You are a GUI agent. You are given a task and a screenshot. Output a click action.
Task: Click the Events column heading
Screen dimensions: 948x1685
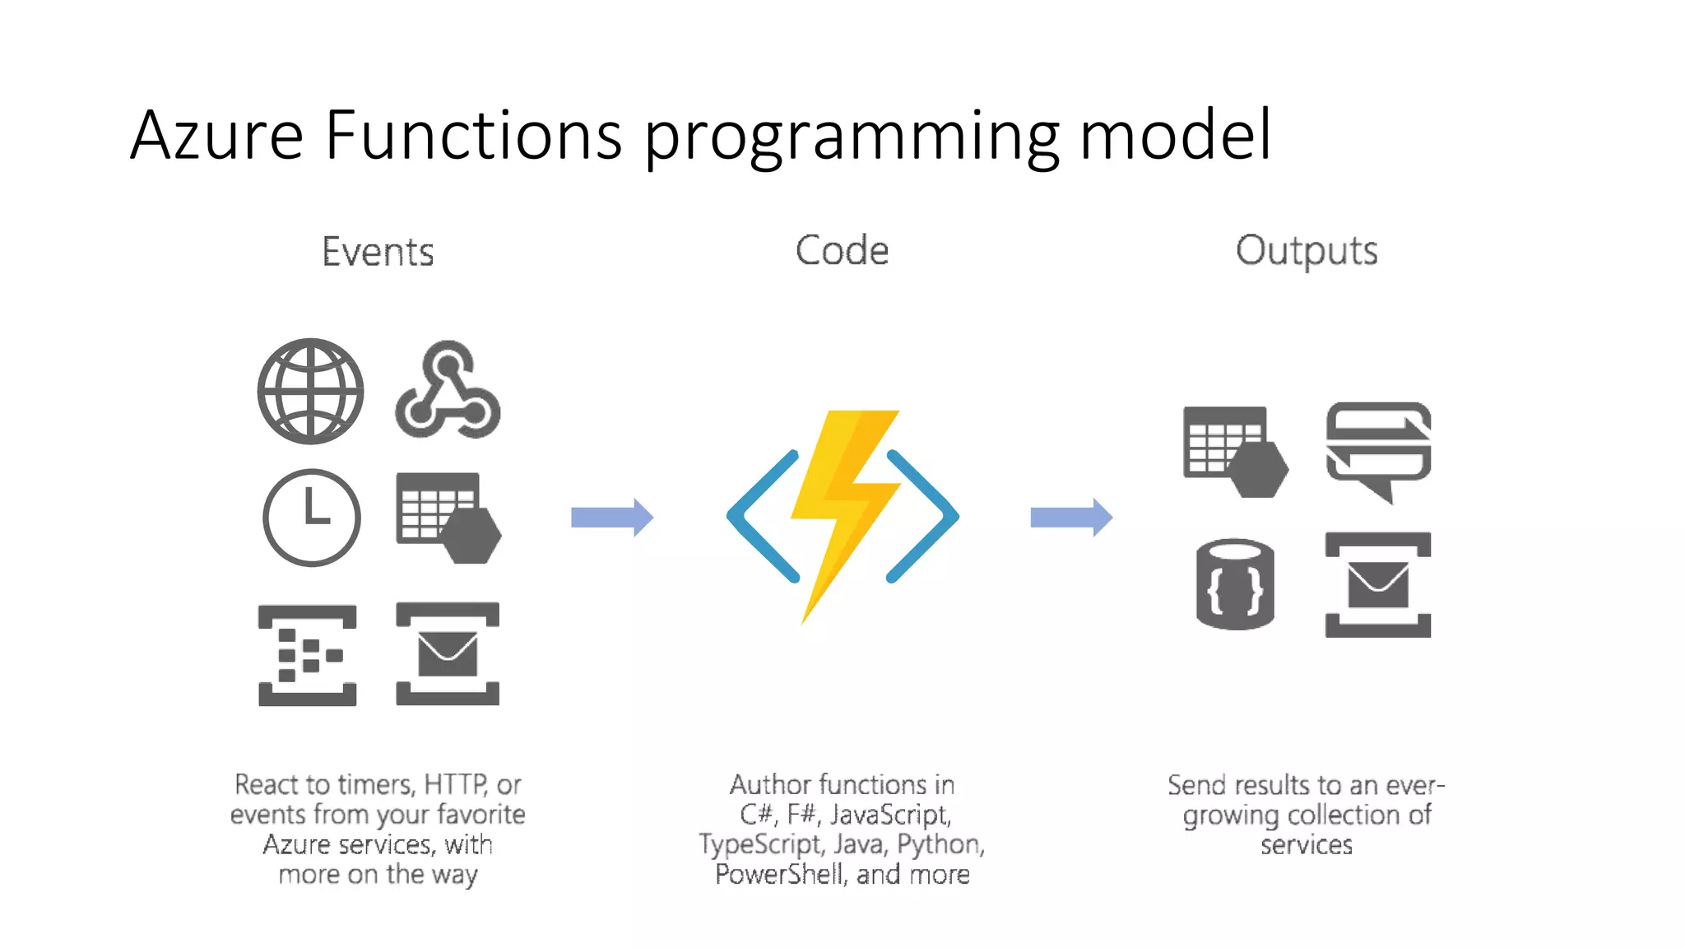(378, 251)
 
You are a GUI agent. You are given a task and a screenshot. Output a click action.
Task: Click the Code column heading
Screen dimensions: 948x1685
(842, 250)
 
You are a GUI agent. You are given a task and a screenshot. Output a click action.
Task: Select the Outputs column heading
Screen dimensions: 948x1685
(1306, 251)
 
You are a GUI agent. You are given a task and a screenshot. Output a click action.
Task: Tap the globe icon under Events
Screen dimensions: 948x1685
(310, 391)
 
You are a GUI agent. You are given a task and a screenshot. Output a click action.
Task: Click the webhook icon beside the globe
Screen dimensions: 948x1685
(448, 393)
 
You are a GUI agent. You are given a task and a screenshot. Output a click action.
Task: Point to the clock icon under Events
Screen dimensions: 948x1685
(311, 518)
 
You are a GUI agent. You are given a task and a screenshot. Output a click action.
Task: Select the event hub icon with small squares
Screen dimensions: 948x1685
(307, 655)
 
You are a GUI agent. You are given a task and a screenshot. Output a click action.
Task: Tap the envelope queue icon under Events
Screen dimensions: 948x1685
(448, 654)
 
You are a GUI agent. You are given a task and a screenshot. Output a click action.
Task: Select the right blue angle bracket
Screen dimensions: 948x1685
(923, 516)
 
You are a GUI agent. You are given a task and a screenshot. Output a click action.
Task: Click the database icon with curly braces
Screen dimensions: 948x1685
(1234, 585)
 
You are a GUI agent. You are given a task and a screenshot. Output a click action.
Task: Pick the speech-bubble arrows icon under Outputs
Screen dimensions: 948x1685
(1378, 449)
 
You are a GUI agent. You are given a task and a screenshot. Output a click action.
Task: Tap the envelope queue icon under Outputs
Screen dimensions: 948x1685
(1378, 584)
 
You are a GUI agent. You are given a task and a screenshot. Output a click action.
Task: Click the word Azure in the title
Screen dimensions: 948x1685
(217, 135)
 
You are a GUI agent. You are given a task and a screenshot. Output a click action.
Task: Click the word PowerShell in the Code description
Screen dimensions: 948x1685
(779, 874)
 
